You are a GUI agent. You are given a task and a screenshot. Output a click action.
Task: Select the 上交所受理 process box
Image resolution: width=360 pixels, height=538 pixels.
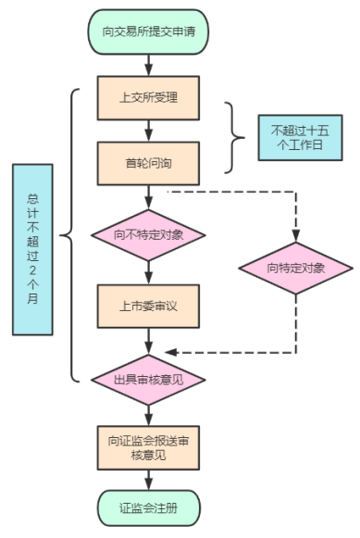(148, 97)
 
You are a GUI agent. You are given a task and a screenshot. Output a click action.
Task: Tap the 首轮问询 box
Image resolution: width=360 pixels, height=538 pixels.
(148, 162)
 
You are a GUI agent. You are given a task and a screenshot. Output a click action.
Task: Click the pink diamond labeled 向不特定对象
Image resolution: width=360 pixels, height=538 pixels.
(148, 234)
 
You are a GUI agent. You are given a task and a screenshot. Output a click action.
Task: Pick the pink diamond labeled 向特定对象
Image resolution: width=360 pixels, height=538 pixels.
(295, 269)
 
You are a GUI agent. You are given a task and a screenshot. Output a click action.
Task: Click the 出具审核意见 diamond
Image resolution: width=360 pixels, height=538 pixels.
(148, 380)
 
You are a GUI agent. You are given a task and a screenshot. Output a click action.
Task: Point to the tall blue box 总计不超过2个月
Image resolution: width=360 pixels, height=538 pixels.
(32, 249)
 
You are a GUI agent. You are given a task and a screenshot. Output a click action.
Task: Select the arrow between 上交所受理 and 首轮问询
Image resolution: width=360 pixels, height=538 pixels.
(148, 130)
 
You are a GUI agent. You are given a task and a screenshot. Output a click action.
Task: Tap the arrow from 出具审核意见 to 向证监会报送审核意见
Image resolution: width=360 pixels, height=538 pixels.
(148, 413)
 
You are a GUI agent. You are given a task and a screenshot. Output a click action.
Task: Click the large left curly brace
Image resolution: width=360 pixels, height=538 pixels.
(68, 236)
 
